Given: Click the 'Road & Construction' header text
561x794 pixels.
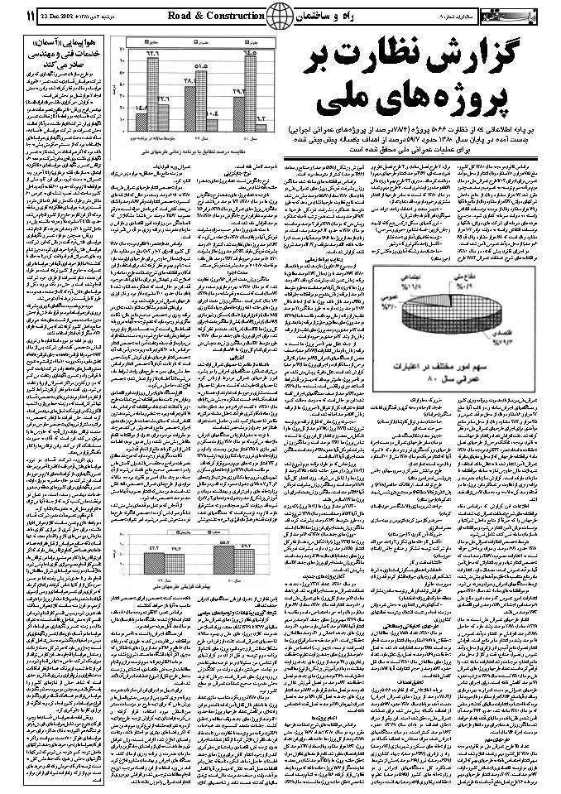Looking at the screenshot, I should (216, 16).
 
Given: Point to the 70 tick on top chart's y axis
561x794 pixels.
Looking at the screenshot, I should (122, 50).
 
